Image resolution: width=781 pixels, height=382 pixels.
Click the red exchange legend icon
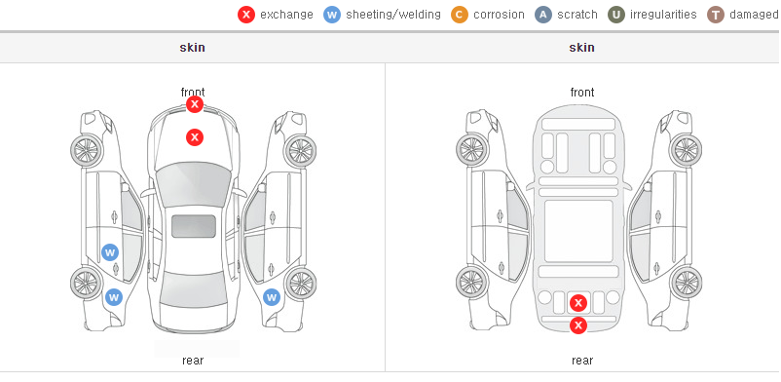click(x=246, y=15)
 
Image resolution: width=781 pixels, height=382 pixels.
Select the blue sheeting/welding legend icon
click(x=332, y=15)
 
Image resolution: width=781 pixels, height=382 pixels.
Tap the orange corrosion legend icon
click(x=460, y=15)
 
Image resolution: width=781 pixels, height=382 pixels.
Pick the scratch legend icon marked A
click(x=543, y=15)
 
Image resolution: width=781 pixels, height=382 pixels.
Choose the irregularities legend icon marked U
click(x=616, y=15)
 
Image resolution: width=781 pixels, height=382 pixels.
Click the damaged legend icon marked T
click(x=715, y=15)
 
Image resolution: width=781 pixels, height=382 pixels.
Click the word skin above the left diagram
click(x=192, y=48)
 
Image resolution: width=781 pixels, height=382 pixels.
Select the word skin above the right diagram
click(x=581, y=48)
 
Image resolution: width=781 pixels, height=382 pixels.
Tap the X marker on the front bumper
click(x=195, y=104)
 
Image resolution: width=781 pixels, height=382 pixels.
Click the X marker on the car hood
click(x=195, y=137)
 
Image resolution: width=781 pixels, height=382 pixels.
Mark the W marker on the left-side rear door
click(x=110, y=252)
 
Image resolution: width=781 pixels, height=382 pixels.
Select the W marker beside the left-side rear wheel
click(x=114, y=298)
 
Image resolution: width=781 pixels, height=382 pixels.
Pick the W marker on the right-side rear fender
click(x=272, y=298)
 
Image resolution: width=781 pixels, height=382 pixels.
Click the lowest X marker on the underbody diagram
click(x=578, y=325)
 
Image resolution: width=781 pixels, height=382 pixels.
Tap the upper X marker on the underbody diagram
click(x=578, y=303)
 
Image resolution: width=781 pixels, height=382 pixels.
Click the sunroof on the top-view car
click(x=194, y=226)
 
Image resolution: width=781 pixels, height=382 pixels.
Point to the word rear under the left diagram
click(x=193, y=361)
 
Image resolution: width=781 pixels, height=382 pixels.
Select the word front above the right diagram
click(x=582, y=93)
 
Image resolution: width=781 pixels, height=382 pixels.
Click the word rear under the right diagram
click(x=582, y=361)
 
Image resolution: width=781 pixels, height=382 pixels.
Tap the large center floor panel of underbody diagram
click(x=578, y=231)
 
